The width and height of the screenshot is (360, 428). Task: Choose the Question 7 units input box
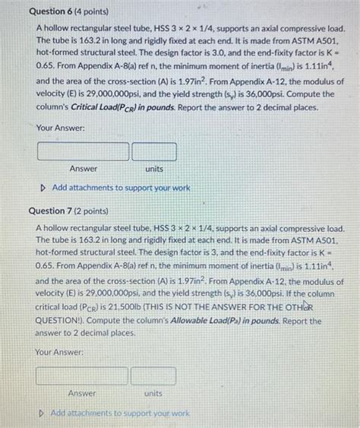[x=154, y=375]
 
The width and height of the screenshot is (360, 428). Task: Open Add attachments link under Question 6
[x=121, y=187]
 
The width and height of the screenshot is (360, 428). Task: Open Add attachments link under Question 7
[x=119, y=413]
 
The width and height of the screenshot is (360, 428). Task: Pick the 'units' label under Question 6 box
[x=154, y=169]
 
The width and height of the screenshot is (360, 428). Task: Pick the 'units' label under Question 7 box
[x=154, y=393]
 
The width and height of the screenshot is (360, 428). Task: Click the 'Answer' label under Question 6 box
[x=84, y=169]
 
